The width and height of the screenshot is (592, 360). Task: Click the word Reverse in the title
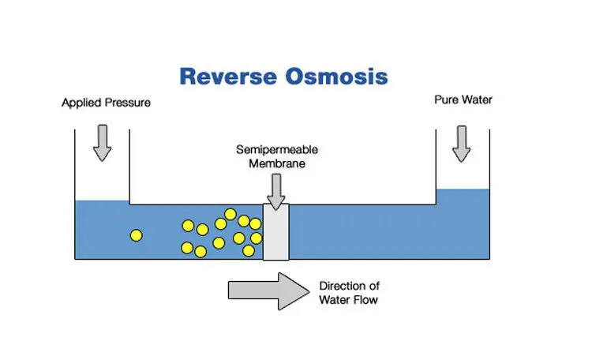point(225,77)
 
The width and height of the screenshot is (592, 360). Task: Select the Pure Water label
point(463,100)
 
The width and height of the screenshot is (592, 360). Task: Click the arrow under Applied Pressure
point(103,142)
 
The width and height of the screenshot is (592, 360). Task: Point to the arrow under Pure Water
point(463,142)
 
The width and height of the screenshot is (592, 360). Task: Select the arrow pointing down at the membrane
point(275,191)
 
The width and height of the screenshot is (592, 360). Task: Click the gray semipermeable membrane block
point(276,232)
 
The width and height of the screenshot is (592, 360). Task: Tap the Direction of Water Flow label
point(348,293)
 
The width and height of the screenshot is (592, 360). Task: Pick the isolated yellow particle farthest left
point(137,234)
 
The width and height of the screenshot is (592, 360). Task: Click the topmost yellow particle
point(230,214)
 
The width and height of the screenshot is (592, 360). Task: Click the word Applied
point(79,103)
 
